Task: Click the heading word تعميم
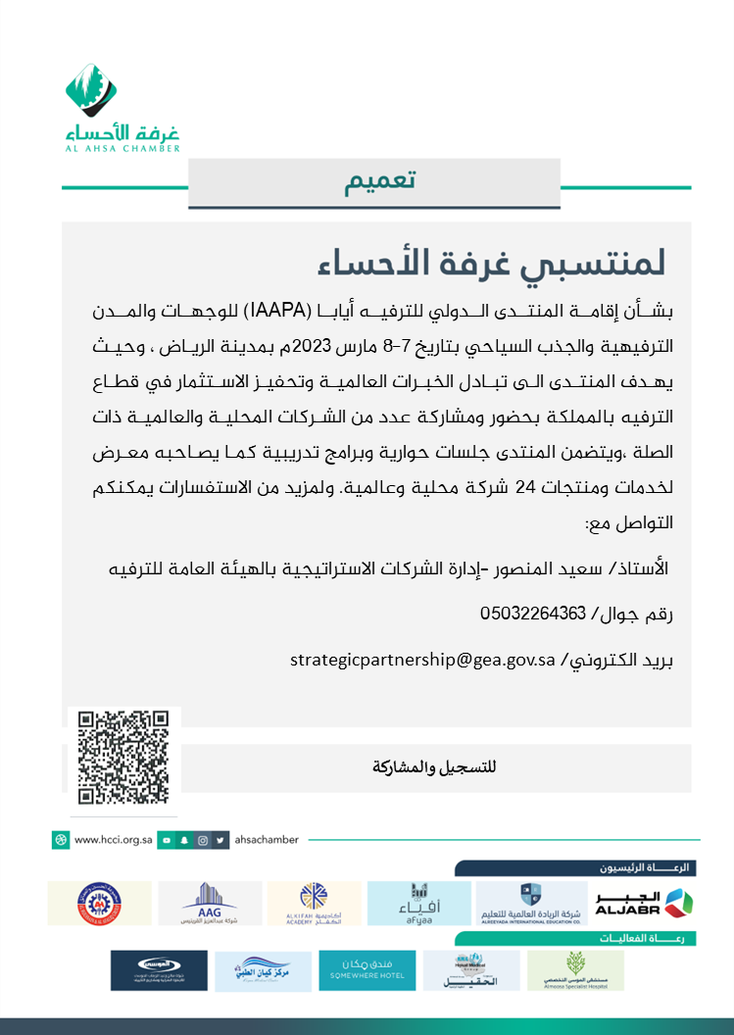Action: tap(381, 182)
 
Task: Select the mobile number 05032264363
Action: tap(533, 615)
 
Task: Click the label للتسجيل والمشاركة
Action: tap(436, 767)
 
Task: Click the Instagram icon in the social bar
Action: tap(202, 840)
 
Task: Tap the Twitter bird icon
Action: tap(220, 840)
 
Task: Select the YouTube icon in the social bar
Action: tap(168, 840)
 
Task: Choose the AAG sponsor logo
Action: tap(210, 903)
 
